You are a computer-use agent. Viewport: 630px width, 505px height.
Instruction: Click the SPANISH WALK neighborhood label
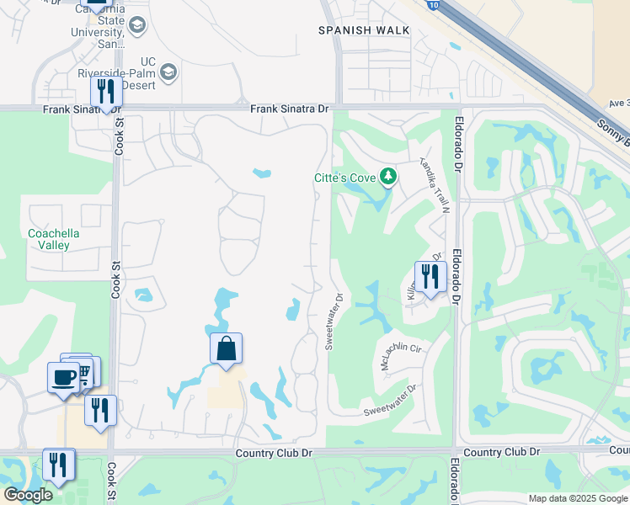coord(364,30)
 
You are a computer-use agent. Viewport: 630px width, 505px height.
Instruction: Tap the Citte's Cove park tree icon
coord(387,176)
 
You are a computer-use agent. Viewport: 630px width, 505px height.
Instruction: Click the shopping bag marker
coord(227,348)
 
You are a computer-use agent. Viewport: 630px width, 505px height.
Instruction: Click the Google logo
coord(28,495)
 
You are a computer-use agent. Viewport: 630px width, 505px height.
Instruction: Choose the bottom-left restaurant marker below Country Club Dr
coord(58,465)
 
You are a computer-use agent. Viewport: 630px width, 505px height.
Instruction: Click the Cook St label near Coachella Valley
coord(115,279)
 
